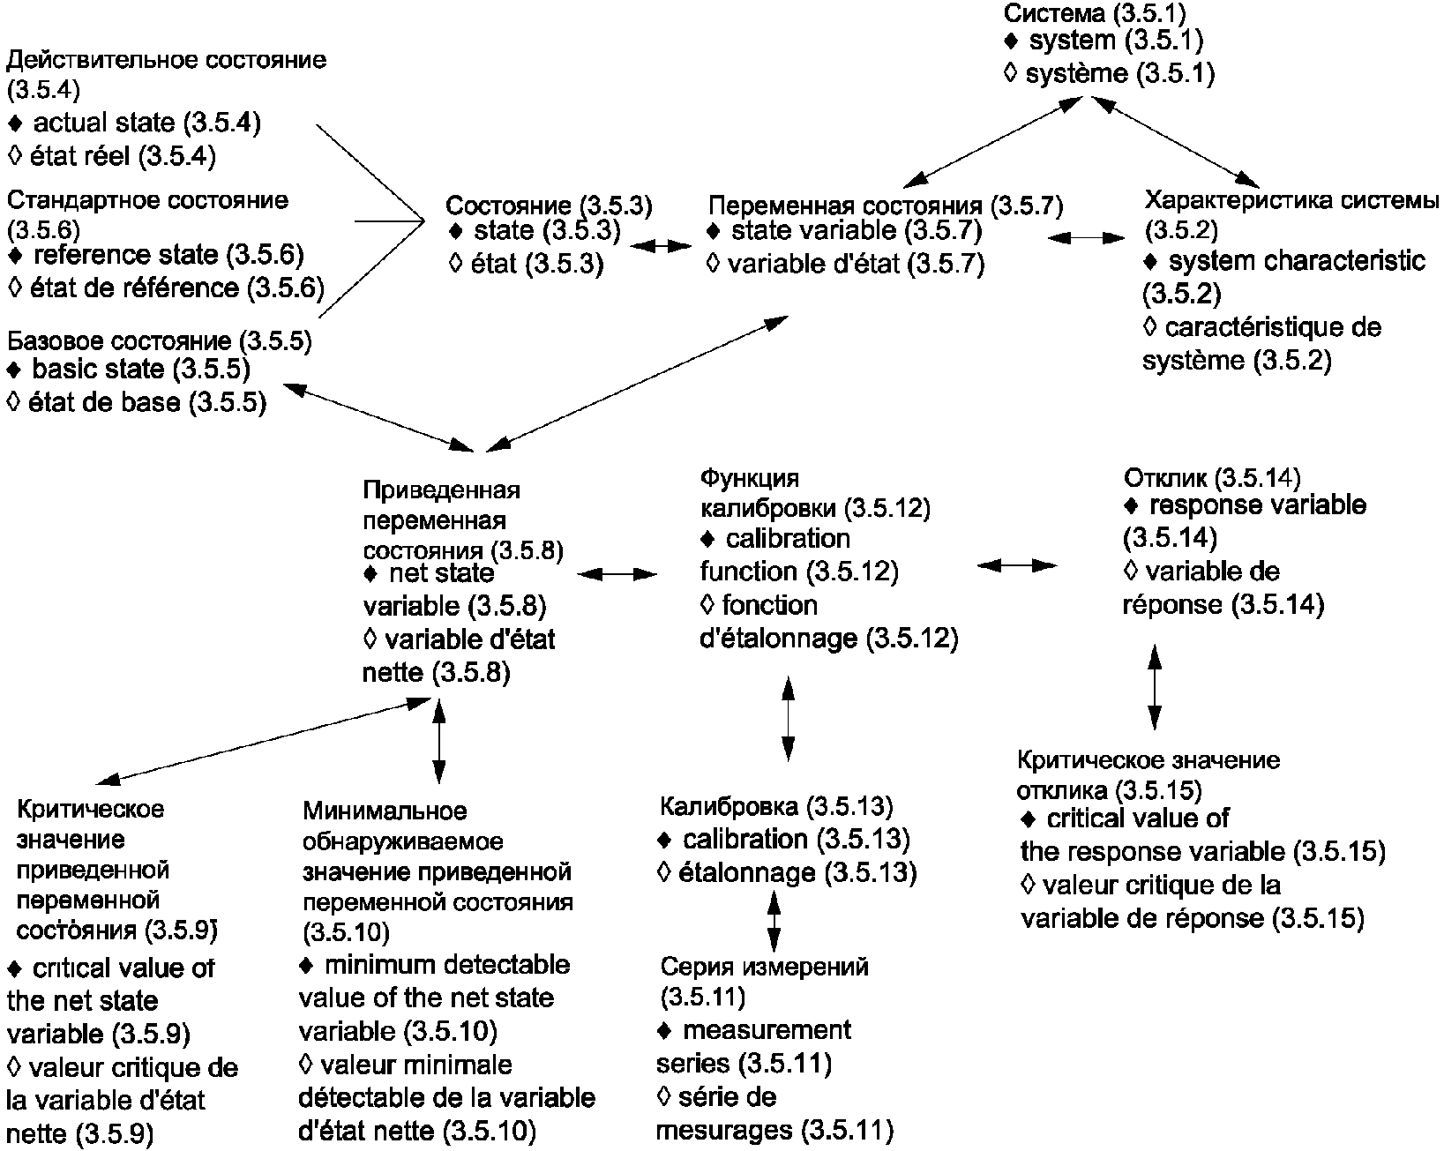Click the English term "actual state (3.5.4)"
point(146,123)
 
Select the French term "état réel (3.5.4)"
point(123,157)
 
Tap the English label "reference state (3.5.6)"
point(168,255)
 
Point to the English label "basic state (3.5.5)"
point(141,369)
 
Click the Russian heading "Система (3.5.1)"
point(1096,13)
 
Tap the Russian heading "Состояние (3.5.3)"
point(549,206)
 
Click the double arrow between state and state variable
point(666,246)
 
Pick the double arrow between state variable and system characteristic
point(1087,236)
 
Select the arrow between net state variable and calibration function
point(618,574)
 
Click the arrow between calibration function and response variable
point(1017,564)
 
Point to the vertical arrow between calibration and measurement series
point(774,921)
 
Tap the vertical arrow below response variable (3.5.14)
point(1153,686)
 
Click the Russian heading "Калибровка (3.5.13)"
point(776,805)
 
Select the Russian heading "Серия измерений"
point(764,967)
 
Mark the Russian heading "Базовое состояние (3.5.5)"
point(159,341)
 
